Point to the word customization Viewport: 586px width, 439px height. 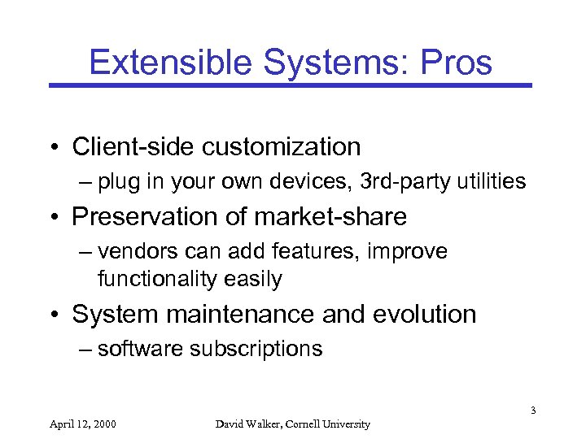(282, 147)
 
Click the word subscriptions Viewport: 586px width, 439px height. (256, 349)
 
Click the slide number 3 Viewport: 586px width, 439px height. (532, 410)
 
